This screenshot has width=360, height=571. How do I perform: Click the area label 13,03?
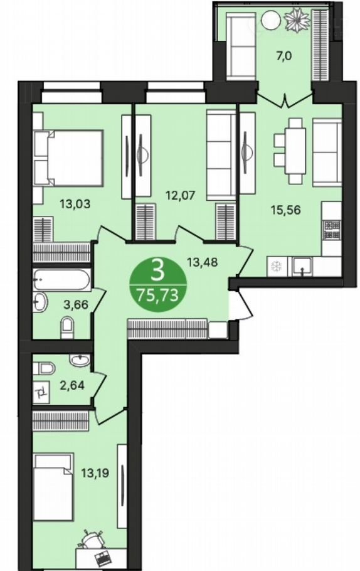pos(75,203)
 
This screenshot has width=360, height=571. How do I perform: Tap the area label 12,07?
pos(181,195)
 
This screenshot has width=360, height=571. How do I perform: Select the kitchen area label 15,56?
pos(285,210)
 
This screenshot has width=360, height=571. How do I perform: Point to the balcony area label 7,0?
pos(284,56)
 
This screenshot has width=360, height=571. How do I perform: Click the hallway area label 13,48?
pos(202,261)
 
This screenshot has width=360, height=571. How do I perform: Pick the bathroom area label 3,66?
pos(76,304)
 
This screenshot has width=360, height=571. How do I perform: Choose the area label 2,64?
pos(72,385)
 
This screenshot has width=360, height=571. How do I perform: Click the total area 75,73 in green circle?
pos(157,296)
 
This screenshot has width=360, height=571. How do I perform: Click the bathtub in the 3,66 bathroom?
pos(61,280)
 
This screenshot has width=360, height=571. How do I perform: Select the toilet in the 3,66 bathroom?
pos(67,328)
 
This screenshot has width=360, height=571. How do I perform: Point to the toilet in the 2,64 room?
pos(44,368)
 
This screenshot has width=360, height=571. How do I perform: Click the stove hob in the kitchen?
pos(332,229)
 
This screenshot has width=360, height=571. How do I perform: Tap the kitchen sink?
pos(302,266)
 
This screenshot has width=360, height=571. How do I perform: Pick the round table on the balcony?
pos(270,17)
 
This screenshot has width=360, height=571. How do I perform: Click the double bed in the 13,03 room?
pos(68,158)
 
